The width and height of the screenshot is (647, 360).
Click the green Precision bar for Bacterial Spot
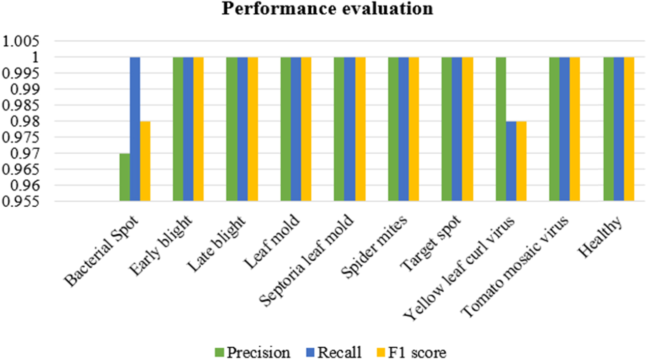(x=124, y=178)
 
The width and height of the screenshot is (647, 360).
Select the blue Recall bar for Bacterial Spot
(x=134, y=130)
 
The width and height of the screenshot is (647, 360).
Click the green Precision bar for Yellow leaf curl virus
(x=501, y=130)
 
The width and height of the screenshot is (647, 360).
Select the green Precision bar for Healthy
(x=608, y=130)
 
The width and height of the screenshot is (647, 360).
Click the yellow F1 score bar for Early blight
(x=199, y=130)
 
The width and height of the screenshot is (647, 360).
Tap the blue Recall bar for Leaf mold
(x=296, y=130)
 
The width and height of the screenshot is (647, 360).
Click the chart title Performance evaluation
(x=323, y=9)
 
